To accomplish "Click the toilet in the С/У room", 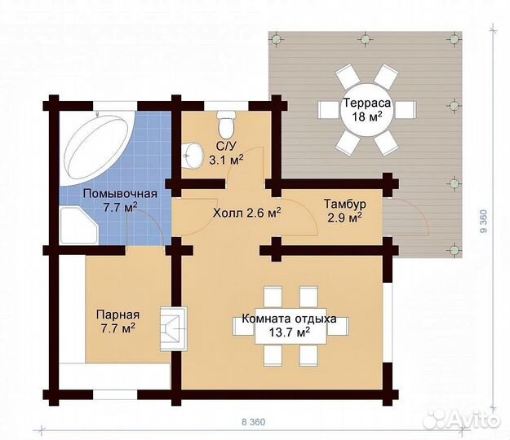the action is pyautogui.click(x=226, y=125).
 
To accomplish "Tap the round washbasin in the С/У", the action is pyautogui.click(x=193, y=156).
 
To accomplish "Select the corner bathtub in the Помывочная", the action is pyautogui.click(x=97, y=149).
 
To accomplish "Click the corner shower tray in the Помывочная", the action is pyautogui.click(x=78, y=225).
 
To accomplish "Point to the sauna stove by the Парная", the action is pyautogui.click(x=174, y=328).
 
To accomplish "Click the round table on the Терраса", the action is pyautogui.click(x=366, y=110).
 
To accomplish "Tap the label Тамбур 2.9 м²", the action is pyautogui.click(x=345, y=211).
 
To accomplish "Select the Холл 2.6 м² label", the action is pyautogui.click(x=247, y=213).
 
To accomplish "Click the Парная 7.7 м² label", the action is pyautogui.click(x=118, y=322).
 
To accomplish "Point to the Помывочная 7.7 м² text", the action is pyautogui.click(x=120, y=200).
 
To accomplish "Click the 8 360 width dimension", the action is pyautogui.click(x=254, y=422).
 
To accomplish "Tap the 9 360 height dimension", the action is pyautogui.click(x=484, y=222).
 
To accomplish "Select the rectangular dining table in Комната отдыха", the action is pyautogui.click(x=290, y=326).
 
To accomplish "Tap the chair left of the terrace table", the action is pyautogui.click(x=329, y=110).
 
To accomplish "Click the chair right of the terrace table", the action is pyautogui.click(x=405, y=110).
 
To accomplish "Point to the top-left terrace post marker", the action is pyautogui.click(x=276, y=39).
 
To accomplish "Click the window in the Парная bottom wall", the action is pyautogui.click(x=116, y=395).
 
